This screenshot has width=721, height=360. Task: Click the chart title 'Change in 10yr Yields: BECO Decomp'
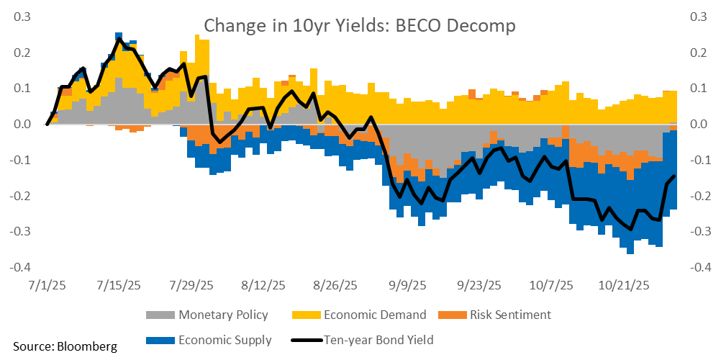(360, 26)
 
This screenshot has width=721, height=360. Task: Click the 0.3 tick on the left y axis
(19, 17)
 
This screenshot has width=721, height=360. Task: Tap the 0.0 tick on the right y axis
(699, 124)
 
